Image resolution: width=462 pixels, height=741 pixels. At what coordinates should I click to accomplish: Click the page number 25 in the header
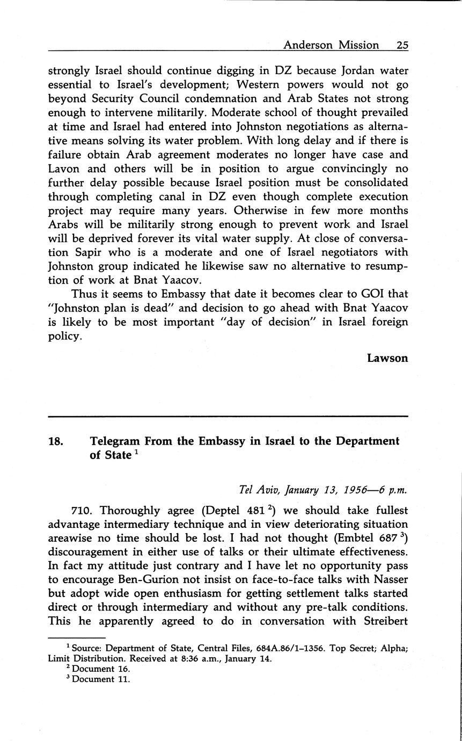coord(402,45)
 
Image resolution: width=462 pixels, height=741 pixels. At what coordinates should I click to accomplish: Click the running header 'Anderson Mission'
coord(331,45)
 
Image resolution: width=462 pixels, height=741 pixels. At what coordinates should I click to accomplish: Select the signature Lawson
coord(387,358)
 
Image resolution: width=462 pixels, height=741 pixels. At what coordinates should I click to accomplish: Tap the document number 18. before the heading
coord(56,441)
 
